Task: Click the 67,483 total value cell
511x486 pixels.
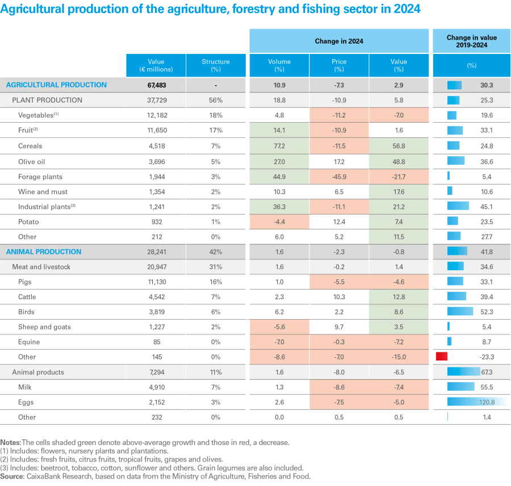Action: [x=155, y=85]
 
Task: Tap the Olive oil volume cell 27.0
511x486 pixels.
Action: [x=279, y=161]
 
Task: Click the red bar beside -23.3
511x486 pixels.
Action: [x=442, y=357]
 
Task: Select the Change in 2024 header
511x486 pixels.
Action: [x=339, y=41]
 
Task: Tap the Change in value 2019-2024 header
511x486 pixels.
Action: [x=471, y=41]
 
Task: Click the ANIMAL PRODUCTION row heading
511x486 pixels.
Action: [x=44, y=252]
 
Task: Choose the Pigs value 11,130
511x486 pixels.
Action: [x=155, y=282]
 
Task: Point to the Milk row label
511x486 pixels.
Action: [x=26, y=387]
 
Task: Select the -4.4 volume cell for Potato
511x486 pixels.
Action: [x=279, y=221]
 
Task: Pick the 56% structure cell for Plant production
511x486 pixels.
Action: [x=216, y=100]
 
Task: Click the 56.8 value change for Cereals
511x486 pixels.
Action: [x=399, y=146]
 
